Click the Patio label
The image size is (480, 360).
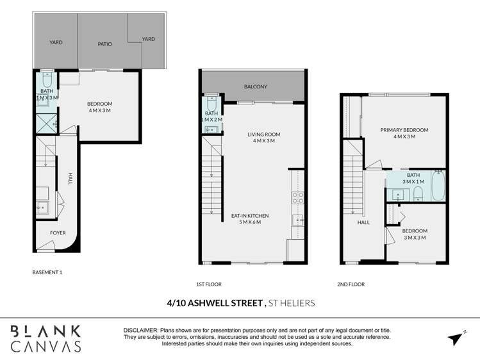[x=104, y=44]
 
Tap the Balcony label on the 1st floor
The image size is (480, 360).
[x=255, y=86]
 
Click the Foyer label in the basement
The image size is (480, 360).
[x=58, y=233]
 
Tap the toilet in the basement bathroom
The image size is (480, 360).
[x=47, y=81]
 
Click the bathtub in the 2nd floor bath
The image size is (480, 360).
[x=438, y=184]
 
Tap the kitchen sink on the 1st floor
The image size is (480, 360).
[x=297, y=220]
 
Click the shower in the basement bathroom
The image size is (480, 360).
[x=47, y=123]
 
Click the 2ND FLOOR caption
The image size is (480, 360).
[x=352, y=284]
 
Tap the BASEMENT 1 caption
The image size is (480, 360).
[x=47, y=272]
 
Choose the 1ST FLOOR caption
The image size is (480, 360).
[x=209, y=284]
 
